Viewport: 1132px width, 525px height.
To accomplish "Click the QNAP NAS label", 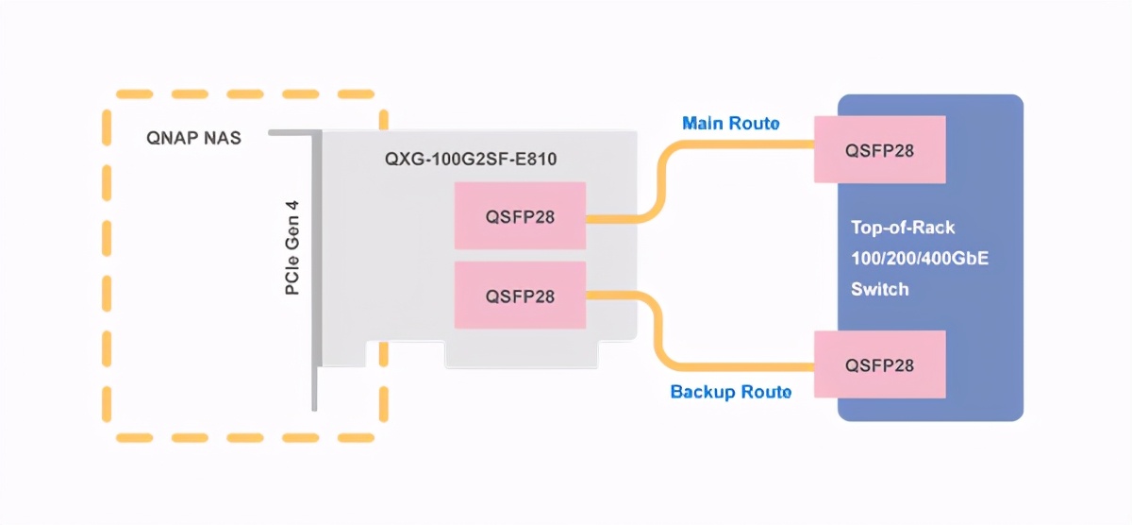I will coord(193,138).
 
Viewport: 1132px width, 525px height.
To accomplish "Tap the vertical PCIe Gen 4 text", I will coord(292,247).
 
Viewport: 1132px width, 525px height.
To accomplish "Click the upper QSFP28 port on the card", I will coord(520,217).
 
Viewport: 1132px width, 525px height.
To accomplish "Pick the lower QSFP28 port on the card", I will coord(520,296).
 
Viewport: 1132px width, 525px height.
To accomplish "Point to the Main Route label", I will coord(731,124).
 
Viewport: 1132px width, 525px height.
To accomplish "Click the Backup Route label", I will coord(731,391).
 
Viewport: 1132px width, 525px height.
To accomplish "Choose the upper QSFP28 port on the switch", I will coord(880,149).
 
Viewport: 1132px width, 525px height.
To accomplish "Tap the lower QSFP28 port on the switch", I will coord(880,364).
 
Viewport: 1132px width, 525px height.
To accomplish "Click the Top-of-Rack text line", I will coord(903,228).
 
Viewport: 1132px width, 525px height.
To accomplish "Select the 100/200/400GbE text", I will coord(919,258).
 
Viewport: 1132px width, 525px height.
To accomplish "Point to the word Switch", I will coord(879,289).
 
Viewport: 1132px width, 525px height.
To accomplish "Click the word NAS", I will coord(223,138).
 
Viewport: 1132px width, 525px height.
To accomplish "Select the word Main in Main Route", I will coord(703,124).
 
